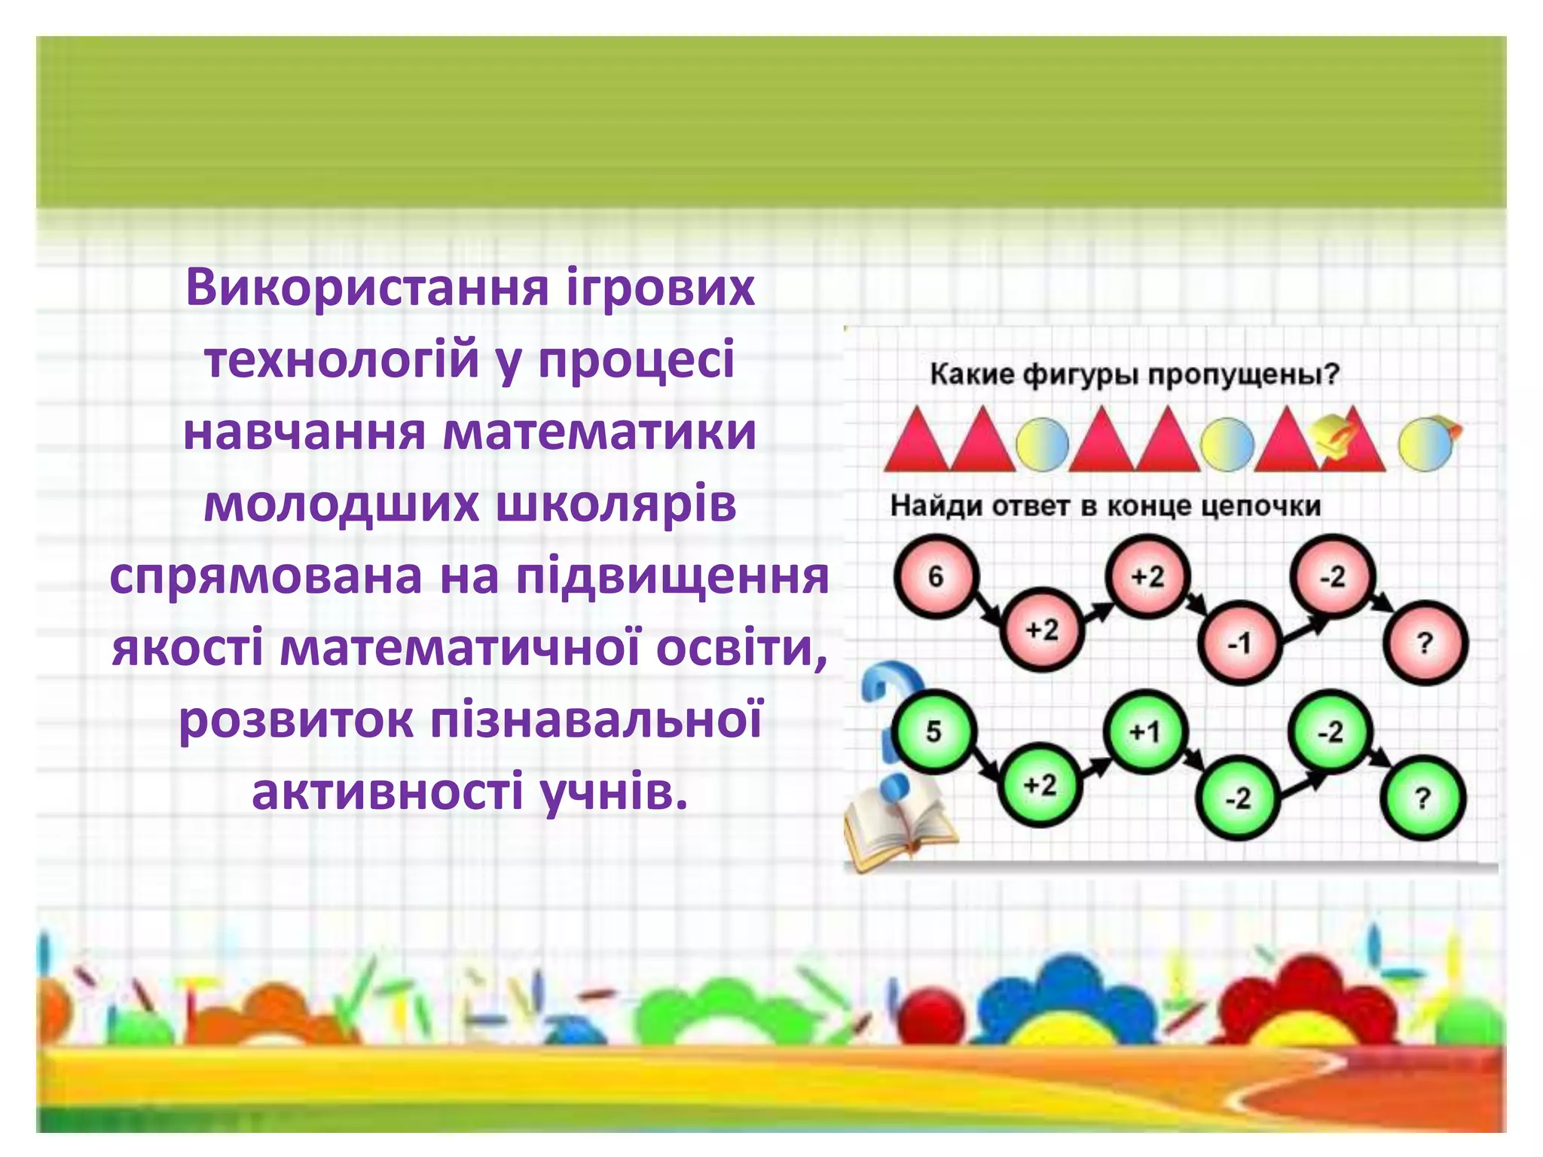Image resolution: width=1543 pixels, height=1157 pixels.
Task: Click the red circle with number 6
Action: (936, 577)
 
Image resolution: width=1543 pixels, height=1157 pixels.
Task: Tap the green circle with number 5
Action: (933, 731)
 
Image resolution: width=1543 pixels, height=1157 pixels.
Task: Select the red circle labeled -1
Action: (1239, 643)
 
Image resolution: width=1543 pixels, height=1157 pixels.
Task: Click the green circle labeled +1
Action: (1145, 731)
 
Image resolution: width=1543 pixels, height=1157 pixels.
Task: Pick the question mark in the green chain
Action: (1422, 798)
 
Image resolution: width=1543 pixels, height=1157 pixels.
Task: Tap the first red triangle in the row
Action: (915, 444)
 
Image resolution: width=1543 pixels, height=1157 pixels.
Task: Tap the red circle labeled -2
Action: (1332, 577)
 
